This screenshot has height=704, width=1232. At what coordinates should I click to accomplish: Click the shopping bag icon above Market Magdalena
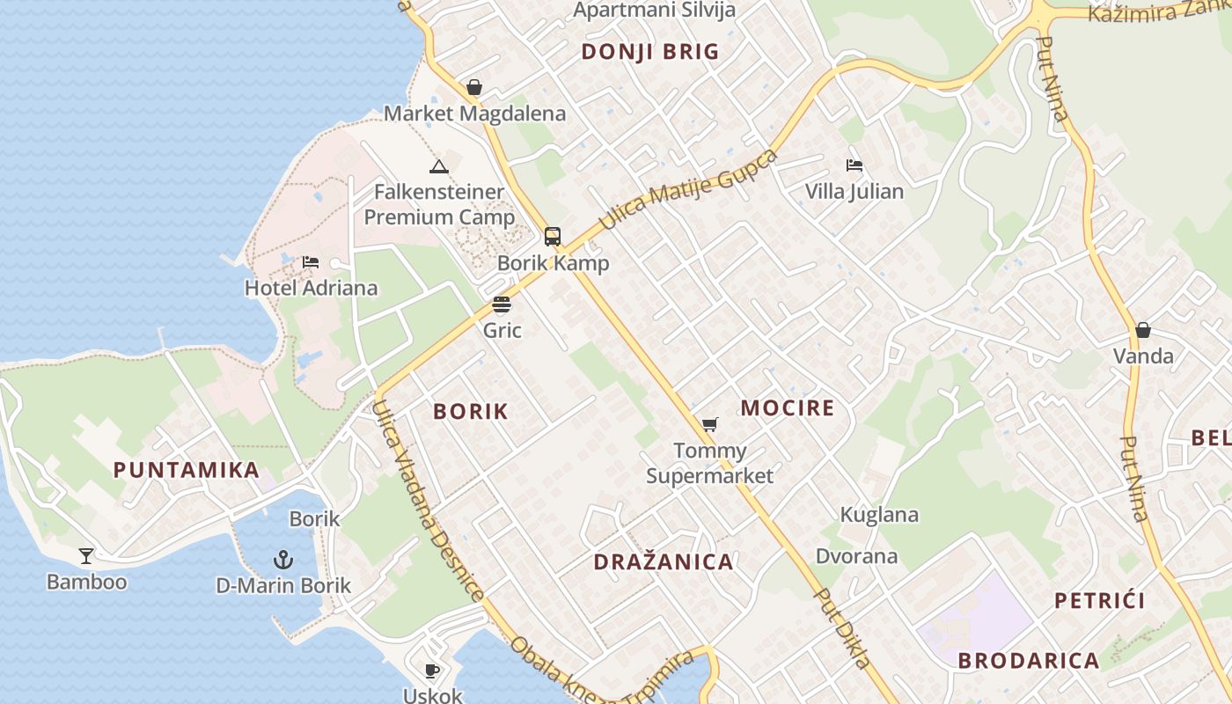click(x=474, y=87)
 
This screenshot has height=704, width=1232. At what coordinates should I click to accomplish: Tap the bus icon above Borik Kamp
click(x=553, y=236)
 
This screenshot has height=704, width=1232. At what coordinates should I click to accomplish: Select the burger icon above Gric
click(x=502, y=304)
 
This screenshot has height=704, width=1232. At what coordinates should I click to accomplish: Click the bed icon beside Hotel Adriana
click(x=310, y=261)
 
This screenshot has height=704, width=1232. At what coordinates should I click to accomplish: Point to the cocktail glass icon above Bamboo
click(x=86, y=555)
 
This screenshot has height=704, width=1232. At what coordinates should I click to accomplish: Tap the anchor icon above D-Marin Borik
click(x=282, y=559)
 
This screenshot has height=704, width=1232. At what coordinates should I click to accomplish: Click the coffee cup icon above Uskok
click(x=432, y=671)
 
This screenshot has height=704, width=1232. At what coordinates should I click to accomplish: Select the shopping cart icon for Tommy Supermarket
click(x=710, y=425)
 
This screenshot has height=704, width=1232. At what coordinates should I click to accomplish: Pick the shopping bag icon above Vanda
click(x=1143, y=330)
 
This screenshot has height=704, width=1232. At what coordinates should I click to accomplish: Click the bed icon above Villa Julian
click(x=854, y=165)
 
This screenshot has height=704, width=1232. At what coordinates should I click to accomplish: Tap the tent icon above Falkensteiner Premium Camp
click(x=438, y=165)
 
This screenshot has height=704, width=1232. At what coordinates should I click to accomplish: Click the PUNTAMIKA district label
click(x=187, y=470)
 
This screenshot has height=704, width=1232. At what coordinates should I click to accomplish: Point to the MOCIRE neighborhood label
click(x=787, y=407)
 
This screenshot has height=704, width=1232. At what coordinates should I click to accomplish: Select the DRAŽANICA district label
click(x=664, y=562)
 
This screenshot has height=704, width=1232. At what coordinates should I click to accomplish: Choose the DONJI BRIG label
click(x=650, y=52)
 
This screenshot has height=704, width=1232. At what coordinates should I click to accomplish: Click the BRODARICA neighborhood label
click(x=1029, y=661)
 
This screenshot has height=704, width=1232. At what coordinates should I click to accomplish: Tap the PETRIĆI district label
click(x=1100, y=601)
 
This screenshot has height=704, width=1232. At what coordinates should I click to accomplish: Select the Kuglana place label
click(x=879, y=515)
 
